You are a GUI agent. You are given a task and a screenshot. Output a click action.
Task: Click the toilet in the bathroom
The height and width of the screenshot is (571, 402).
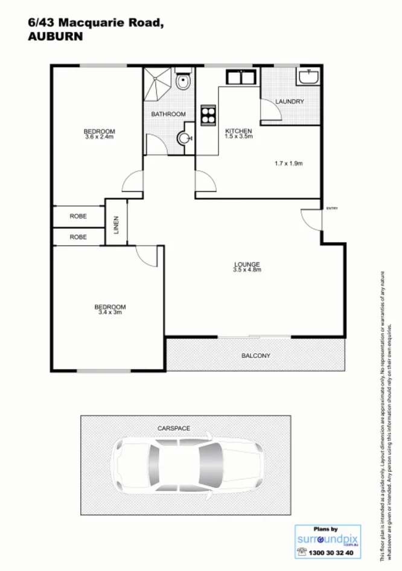tap(183, 81)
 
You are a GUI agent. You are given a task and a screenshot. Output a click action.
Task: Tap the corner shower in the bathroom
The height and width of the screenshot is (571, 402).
tap(158, 84)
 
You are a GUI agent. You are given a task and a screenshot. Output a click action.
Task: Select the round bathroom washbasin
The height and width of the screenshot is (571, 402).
tap(184, 138)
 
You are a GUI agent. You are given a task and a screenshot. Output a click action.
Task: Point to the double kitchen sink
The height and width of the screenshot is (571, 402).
tap(243, 78)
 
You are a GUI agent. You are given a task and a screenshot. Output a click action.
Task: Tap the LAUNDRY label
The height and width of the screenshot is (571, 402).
tap(289, 101)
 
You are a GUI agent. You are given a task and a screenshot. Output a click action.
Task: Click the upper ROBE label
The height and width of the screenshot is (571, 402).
tap(78, 215)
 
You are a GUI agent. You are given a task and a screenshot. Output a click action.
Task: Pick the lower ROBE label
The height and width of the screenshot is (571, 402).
tap(78, 237)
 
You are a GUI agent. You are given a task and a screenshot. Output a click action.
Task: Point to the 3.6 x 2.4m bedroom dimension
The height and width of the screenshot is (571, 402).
tap(99, 137)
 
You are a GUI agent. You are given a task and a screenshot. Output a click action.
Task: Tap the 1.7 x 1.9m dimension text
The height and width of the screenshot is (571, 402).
tap(288, 163)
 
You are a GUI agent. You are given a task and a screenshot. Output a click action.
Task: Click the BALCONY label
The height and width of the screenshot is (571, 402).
tap(256, 356)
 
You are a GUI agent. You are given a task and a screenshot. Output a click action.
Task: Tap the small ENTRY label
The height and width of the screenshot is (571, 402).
tap(332, 208)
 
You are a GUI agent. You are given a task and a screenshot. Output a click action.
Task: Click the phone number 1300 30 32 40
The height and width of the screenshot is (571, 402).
tap(331, 552)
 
